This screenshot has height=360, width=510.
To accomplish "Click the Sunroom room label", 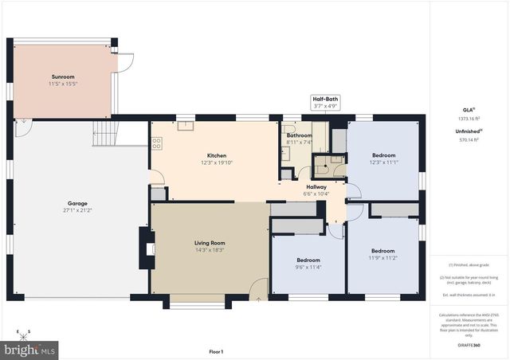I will pyautogui.click(x=63, y=76).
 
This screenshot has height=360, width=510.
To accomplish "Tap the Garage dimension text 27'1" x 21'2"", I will pyautogui.click(x=77, y=210).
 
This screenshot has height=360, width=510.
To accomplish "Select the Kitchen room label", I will pyautogui.click(x=217, y=155).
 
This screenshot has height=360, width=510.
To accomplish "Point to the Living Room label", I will pyautogui.click(x=210, y=242).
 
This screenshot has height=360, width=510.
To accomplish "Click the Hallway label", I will pyautogui.click(x=315, y=186).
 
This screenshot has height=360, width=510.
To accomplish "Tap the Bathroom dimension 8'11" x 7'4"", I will pyautogui.click(x=300, y=143).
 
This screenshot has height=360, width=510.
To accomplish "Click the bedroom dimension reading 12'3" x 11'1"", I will pyautogui.click(x=383, y=162).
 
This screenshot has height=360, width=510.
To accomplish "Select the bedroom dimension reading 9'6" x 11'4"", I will pyautogui.click(x=308, y=267).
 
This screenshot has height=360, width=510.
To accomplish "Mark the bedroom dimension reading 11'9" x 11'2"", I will pyautogui.click(x=382, y=258).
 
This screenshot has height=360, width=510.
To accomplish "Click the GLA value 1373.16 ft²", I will pyautogui.click(x=469, y=119).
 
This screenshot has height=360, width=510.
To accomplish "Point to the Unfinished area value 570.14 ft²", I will pyautogui.click(x=469, y=139).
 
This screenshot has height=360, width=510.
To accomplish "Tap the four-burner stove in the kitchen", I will pyautogui.click(x=157, y=143).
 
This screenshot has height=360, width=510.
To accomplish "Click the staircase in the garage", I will pyautogui.click(x=105, y=134).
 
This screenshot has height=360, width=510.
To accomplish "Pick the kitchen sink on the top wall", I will pyautogui.click(x=185, y=124).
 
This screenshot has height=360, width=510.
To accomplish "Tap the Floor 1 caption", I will pyautogui.click(x=216, y=351).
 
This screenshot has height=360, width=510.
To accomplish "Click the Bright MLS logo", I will pyautogui.click(x=30, y=349).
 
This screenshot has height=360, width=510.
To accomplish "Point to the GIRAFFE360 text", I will pyautogui.click(x=469, y=346).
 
